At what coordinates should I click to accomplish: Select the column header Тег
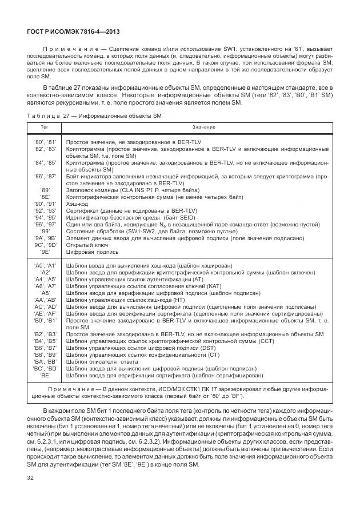(x=45, y=126)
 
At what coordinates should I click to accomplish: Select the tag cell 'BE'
(x=45, y=375)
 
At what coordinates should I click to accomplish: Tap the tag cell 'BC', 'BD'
(x=45, y=368)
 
